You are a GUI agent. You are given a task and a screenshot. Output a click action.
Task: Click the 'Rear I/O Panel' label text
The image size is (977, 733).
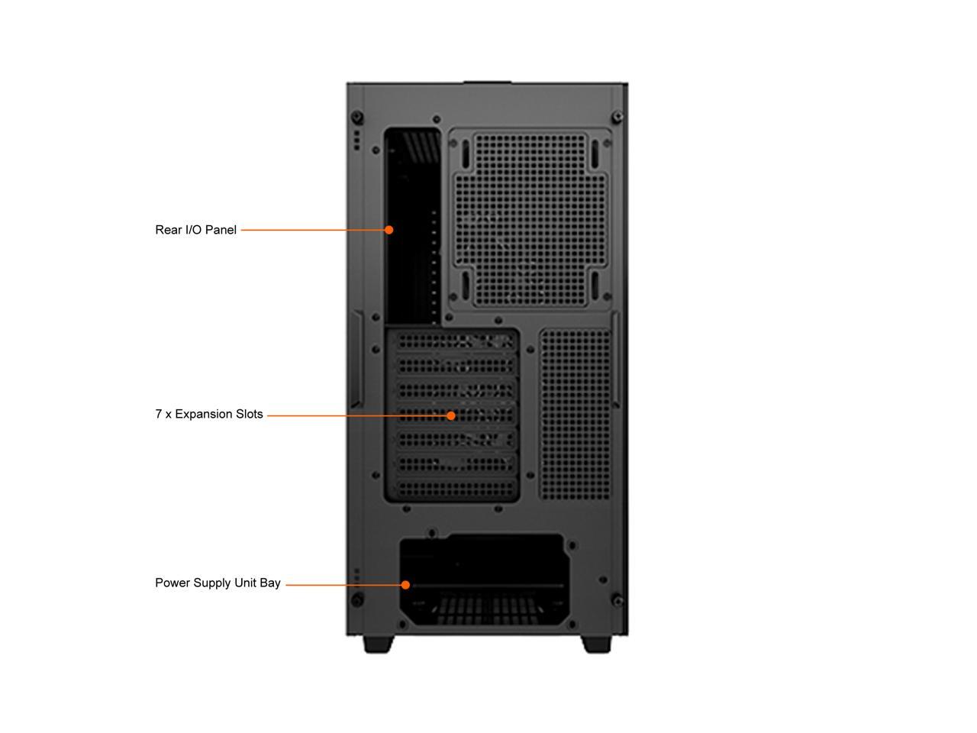[x=195, y=230]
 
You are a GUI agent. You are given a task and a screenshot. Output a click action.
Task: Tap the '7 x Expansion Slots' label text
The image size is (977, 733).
[x=208, y=414]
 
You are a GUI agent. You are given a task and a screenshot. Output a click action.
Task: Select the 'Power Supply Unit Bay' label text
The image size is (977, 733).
[x=218, y=583]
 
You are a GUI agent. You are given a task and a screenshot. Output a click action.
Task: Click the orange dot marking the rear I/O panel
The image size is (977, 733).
[x=389, y=230]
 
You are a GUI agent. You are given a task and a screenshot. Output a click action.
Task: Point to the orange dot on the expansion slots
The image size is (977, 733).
[x=451, y=415]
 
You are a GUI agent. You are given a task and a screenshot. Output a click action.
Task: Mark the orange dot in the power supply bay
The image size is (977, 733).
[x=405, y=585]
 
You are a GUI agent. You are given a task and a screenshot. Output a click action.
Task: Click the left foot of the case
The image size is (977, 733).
[x=378, y=644]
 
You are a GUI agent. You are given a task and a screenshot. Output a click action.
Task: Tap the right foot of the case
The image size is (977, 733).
[x=597, y=644]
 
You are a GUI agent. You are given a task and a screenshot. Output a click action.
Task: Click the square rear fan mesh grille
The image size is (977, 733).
[x=530, y=219]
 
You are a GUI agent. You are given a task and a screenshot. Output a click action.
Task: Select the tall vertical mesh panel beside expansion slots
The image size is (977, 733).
[x=576, y=414]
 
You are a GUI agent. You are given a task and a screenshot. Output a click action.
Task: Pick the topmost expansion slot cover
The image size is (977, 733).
[x=454, y=341]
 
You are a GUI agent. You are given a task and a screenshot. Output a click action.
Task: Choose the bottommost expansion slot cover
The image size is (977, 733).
[x=454, y=488]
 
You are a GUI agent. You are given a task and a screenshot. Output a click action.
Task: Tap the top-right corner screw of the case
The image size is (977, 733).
[x=617, y=117]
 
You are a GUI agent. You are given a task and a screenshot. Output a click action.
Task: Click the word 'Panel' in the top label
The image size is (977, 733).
[x=221, y=230]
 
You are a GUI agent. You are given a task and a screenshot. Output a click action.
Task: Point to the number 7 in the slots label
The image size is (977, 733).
[x=159, y=414]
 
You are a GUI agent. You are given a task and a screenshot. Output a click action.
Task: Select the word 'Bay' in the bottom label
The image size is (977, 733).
[x=270, y=583]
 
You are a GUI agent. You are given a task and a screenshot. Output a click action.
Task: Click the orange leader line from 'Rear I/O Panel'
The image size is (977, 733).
[x=313, y=230]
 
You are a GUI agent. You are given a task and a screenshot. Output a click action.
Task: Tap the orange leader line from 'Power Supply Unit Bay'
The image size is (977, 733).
[x=343, y=585]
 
